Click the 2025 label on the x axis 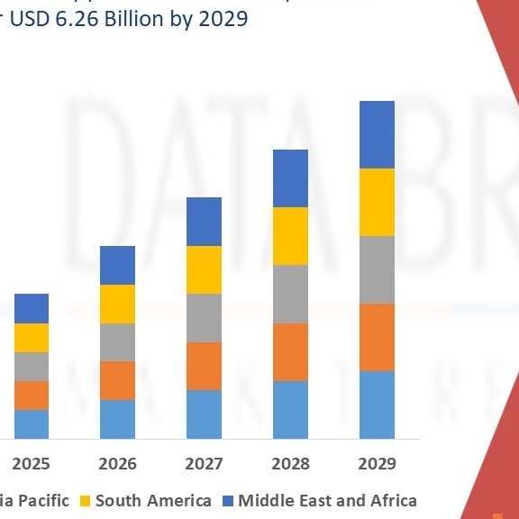coord(32,464)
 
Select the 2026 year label coord(117,464)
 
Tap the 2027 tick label coord(205,464)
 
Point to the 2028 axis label coord(291,464)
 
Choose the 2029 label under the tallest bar coord(378,464)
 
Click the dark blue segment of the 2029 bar coord(378,134)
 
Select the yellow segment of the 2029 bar coord(378,202)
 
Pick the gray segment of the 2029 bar coord(378,269)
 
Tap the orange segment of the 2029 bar coord(378,337)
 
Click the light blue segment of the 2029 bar coord(378,405)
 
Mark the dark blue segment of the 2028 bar coord(291,178)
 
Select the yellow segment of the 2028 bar coord(291,236)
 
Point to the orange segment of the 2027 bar coord(205,366)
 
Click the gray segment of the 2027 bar coord(205,318)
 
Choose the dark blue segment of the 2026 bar coord(117,265)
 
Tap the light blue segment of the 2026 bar coord(117,419)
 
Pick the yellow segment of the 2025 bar coord(32,338)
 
